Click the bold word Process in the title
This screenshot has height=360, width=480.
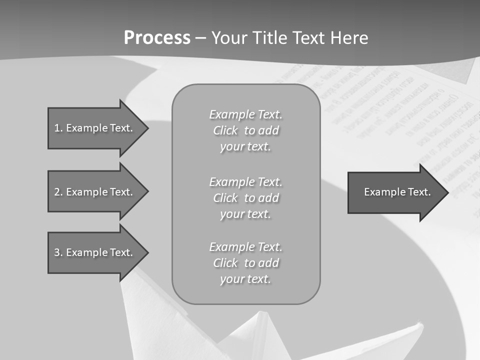tap(157, 38)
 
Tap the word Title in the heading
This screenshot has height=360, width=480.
tap(270, 38)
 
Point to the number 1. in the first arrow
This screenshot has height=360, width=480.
tap(58, 128)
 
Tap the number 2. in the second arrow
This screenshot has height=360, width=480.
tap(58, 192)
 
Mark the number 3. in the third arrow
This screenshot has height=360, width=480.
tap(58, 252)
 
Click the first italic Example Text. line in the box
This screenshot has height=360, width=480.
tap(245, 114)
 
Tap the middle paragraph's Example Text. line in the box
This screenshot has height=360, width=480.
tap(245, 182)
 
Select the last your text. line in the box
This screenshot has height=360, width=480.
tap(245, 279)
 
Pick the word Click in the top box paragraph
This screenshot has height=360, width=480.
tap(225, 130)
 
